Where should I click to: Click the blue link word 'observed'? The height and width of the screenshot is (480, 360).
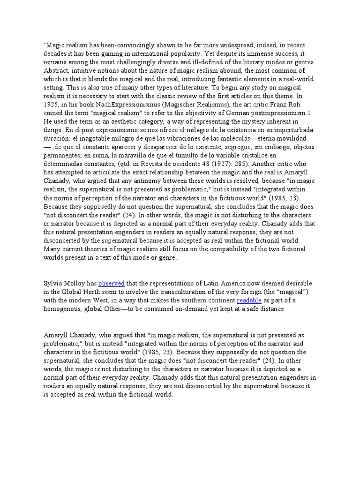(111, 284)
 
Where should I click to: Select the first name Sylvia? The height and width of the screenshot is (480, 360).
(53, 284)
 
